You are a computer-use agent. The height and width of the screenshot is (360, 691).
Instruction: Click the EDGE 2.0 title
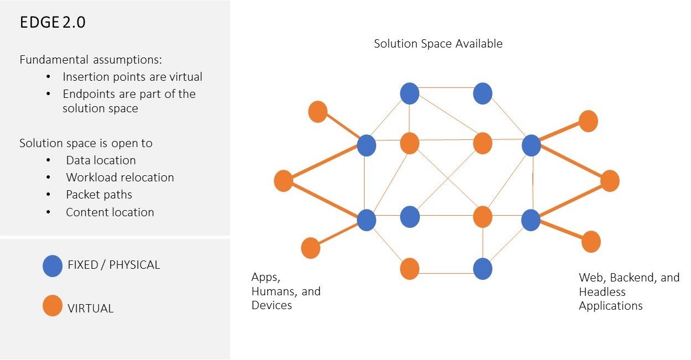[53, 23]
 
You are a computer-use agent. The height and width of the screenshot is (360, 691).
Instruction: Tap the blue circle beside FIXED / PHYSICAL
[53, 266]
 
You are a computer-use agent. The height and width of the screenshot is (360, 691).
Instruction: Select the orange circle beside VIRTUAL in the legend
[53, 306]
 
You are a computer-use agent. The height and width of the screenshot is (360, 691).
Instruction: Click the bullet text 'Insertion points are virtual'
[132, 77]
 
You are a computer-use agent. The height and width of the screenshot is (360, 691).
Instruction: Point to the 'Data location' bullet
[101, 160]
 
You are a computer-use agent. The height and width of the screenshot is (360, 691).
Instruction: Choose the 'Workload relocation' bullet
[120, 178]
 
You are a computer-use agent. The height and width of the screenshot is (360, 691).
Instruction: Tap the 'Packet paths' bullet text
[99, 195]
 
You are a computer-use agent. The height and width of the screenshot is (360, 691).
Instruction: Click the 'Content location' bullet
[110, 212]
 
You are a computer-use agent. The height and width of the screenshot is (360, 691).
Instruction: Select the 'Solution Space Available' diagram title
[438, 44]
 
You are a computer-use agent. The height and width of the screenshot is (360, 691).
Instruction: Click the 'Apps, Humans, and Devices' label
[285, 291]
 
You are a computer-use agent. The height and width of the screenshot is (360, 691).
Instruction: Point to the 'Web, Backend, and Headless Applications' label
[629, 291]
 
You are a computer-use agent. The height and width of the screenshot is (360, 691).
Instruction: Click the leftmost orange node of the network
[283, 181]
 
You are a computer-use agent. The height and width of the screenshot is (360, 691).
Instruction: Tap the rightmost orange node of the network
[610, 181]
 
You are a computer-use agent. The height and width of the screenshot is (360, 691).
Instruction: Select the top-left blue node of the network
[410, 93]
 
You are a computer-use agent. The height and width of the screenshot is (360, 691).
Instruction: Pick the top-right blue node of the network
[483, 93]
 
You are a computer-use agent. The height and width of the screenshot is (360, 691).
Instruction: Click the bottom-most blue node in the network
[483, 269]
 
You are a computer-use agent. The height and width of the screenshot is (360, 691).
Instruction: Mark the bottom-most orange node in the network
[410, 269]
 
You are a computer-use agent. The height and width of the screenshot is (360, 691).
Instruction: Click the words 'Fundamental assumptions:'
[90, 60]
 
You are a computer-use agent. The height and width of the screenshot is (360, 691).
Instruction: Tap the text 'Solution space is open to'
[86, 143]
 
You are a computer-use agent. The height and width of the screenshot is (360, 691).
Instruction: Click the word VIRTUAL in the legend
[90, 309]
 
